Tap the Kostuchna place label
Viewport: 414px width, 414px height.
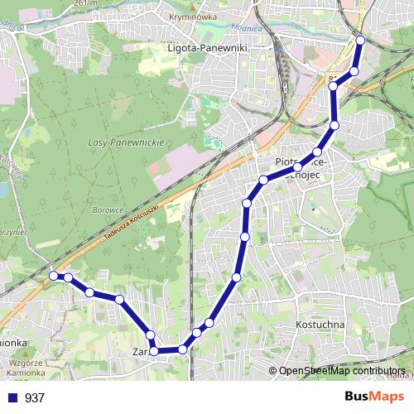click(x=320, y=325)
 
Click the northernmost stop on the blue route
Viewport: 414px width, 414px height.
click(x=360, y=40)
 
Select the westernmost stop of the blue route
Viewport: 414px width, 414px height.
click(x=54, y=275)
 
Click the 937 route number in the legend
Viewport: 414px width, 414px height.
click(x=35, y=398)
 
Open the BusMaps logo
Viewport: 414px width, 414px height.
click(x=374, y=397)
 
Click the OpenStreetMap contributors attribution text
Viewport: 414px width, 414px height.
click(x=341, y=371)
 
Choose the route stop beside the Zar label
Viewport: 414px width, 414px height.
click(x=154, y=351)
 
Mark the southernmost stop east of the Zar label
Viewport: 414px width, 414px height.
click(x=183, y=349)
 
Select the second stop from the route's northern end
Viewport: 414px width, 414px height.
click(x=354, y=71)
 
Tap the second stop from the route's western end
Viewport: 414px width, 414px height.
click(x=68, y=278)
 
